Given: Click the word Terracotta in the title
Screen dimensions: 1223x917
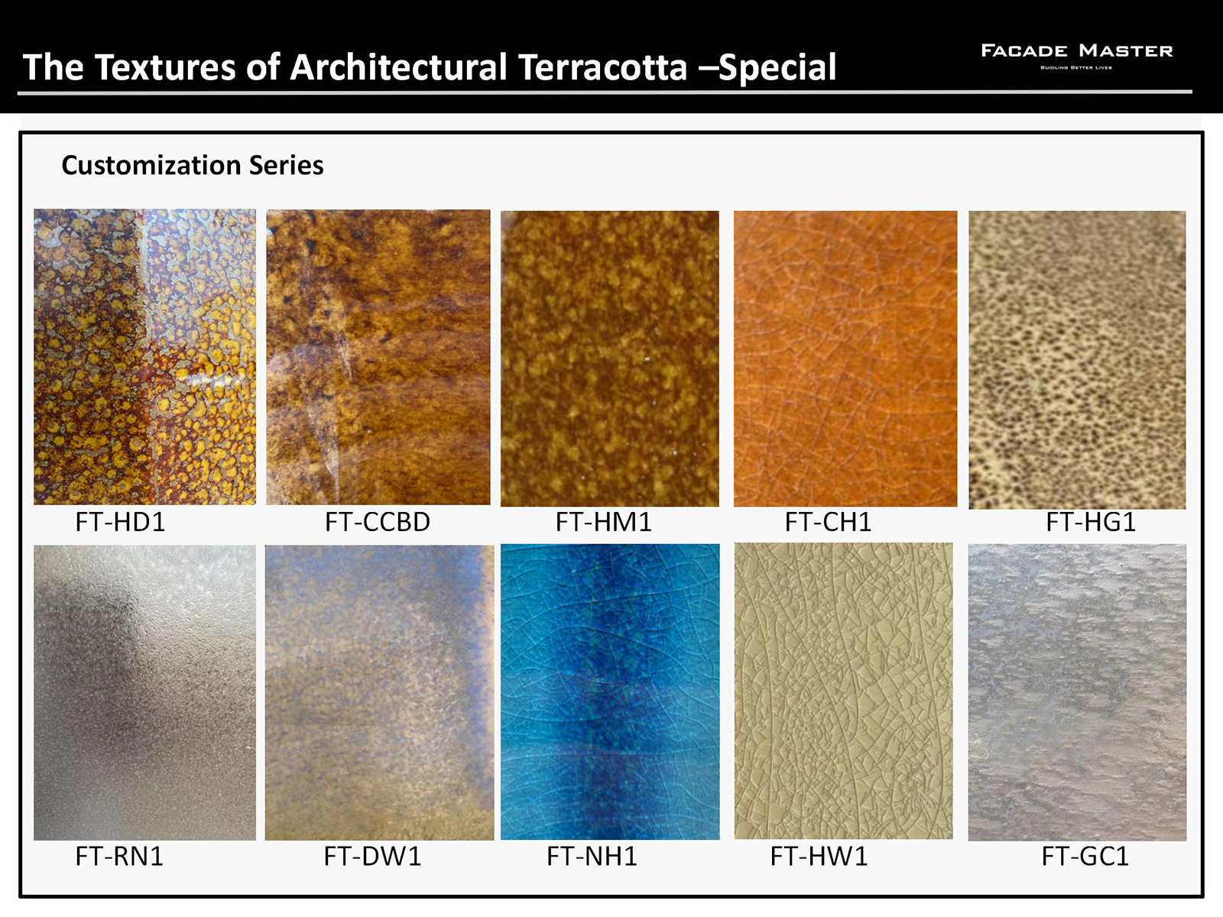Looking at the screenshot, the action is pyautogui.click(x=602, y=67).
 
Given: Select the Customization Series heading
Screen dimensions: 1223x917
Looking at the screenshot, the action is pyautogui.click(x=192, y=165).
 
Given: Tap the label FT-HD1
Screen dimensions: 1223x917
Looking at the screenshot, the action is pyautogui.click(x=120, y=522).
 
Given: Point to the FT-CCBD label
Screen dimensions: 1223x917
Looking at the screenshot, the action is pyautogui.click(x=377, y=522).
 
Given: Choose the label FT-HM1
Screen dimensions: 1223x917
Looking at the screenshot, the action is pyautogui.click(x=603, y=522).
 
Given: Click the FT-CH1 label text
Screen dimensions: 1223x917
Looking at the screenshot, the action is pyautogui.click(x=828, y=522).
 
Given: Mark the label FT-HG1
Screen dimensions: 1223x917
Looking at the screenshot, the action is pyautogui.click(x=1091, y=522).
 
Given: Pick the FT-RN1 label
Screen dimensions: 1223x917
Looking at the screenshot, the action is pyautogui.click(x=119, y=857).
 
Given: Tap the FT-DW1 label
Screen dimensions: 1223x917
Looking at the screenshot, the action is pyautogui.click(x=372, y=857).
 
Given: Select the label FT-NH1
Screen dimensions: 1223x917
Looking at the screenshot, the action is pyautogui.click(x=592, y=857).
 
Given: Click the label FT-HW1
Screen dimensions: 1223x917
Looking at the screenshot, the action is pyautogui.click(x=819, y=857).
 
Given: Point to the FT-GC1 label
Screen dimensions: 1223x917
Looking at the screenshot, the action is pyautogui.click(x=1085, y=857).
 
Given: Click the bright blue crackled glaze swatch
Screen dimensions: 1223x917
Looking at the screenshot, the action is pyautogui.click(x=610, y=692).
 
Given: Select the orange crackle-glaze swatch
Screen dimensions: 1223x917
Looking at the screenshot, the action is pyautogui.click(x=845, y=358).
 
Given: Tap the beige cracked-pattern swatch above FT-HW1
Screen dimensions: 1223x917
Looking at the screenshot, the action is pyautogui.click(x=844, y=691).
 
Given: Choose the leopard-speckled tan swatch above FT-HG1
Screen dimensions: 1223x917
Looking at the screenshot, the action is pyautogui.click(x=1077, y=360).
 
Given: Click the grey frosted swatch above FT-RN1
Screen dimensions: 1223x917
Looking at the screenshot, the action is pyautogui.click(x=145, y=692).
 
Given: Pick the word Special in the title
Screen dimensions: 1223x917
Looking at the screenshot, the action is pyautogui.click(x=777, y=67).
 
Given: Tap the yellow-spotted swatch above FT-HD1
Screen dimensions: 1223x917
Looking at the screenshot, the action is pyautogui.click(x=145, y=357).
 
